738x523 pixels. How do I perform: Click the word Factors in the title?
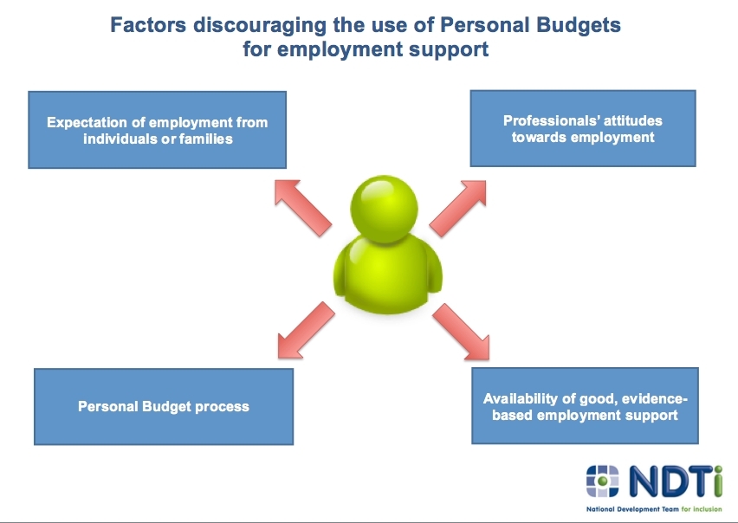click(x=148, y=25)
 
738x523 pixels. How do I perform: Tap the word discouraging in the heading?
click(x=260, y=26)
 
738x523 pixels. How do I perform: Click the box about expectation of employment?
click(x=157, y=130)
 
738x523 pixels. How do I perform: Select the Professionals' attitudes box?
click(x=583, y=128)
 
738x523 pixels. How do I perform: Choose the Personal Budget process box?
click(x=164, y=406)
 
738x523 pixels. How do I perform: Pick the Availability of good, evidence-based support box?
click(x=585, y=406)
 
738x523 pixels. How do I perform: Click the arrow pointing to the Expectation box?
click(x=302, y=208)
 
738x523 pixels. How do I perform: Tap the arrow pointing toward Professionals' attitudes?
click(x=458, y=209)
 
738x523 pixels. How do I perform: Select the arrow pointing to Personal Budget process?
click(x=306, y=330)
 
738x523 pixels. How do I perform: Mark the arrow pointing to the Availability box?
click(x=461, y=332)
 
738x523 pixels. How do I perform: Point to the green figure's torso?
click(x=387, y=274)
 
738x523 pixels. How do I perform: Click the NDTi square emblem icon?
click(x=603, y=481)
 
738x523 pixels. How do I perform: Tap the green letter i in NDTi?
click(x=717, y=481)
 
